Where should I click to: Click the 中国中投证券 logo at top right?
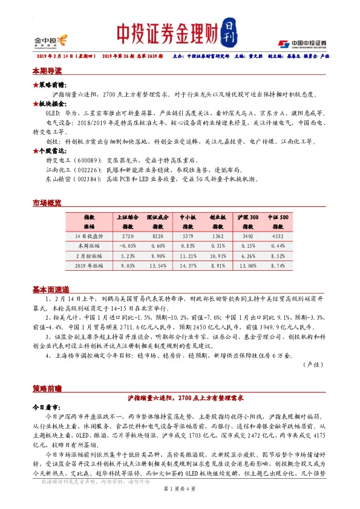pos(303,43)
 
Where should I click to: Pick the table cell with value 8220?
pos(157,236)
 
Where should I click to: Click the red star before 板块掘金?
pos(36,103)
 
